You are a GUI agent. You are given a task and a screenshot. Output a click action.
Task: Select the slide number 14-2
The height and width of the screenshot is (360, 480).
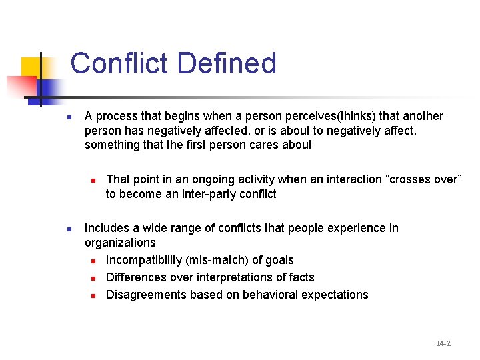[x=443, y=343]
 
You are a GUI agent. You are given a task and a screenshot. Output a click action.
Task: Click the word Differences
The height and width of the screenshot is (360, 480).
[x=135, y=277]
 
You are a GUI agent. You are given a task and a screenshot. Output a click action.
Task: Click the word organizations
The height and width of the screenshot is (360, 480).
[x=120, y=243]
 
